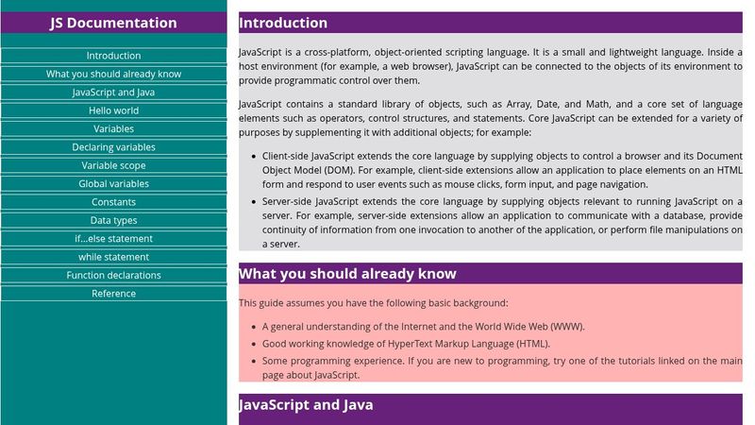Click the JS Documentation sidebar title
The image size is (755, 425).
click(x=113, y=23)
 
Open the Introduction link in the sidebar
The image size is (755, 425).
click(x=113, y=56)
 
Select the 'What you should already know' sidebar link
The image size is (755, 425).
click(x=113, y=74)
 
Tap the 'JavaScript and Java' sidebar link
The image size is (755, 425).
click(x=113, y=93)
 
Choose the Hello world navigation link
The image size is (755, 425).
click(x=113, y=110)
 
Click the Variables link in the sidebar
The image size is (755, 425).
click(x=113, y=128)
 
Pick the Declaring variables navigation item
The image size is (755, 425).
click(x=113, y=147)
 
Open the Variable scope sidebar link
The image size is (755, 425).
click(x=113, y=165)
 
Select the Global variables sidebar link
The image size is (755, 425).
click(x=113, y=184)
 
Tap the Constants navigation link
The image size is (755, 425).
click(x=113, y=202)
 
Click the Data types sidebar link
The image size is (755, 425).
click(x=113, y=220)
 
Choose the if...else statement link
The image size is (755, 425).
click(x=113, y=239)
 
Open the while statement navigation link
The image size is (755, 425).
click(x=113, y=257)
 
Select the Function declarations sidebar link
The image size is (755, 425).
click(x=113, y=276)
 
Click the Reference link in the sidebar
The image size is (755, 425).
click(x=113, y=294)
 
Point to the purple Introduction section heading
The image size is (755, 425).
click(x=283, y=23)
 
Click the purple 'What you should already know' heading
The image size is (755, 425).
click(x=347, y=274)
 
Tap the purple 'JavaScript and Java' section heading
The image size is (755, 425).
click(x=306, y=405)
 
